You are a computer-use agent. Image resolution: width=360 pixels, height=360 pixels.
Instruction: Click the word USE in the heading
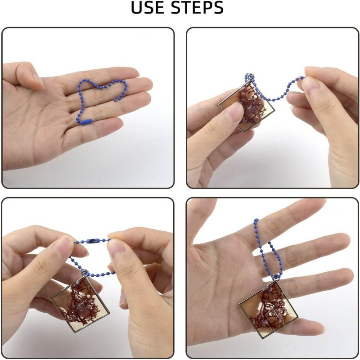coord(148,8)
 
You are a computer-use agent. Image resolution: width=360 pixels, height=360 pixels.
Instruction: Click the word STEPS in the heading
coord(198,8)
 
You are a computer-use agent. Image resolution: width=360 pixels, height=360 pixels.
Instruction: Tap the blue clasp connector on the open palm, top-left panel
coord(86,121)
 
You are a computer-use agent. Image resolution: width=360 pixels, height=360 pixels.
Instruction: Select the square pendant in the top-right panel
coord(246,106)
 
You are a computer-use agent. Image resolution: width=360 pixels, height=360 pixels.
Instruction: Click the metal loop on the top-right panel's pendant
coord(251,76)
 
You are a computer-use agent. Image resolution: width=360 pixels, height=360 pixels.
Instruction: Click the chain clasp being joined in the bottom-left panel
coord(93,241)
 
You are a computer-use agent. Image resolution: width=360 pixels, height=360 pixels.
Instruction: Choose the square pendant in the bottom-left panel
coord(80,303)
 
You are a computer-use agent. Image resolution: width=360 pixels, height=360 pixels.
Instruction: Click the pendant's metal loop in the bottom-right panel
coord(275,277)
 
